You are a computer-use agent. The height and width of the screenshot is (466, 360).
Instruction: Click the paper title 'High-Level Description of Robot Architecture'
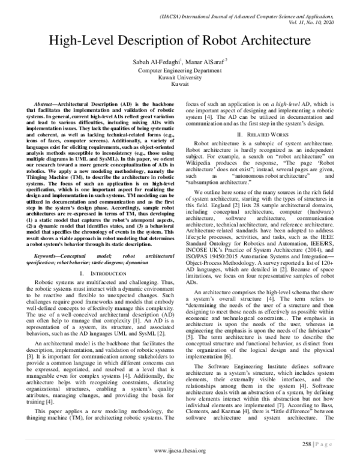pyautogui.click(x=179, y=41)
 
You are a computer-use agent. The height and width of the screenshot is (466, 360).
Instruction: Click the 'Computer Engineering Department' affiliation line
pyautogui.click(x=179, y=70)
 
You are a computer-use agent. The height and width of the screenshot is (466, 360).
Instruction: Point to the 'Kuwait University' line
pyautogui.click(x=179, y=77)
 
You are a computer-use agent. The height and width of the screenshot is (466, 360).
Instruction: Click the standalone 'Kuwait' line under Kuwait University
pyautogui.click(x=179, y=85)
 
